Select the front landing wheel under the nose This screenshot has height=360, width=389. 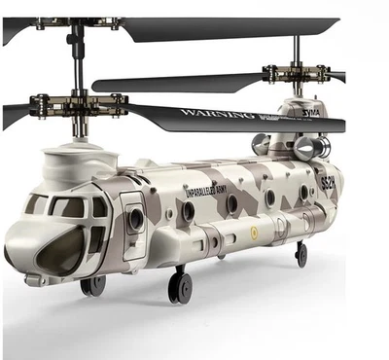[94, 285]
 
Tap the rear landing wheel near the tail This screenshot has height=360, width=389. [301, 254]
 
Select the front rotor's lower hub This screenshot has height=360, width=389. [78, 102]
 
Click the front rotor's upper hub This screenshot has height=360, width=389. [78, 22]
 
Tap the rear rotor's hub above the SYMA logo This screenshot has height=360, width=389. [297, 73]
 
